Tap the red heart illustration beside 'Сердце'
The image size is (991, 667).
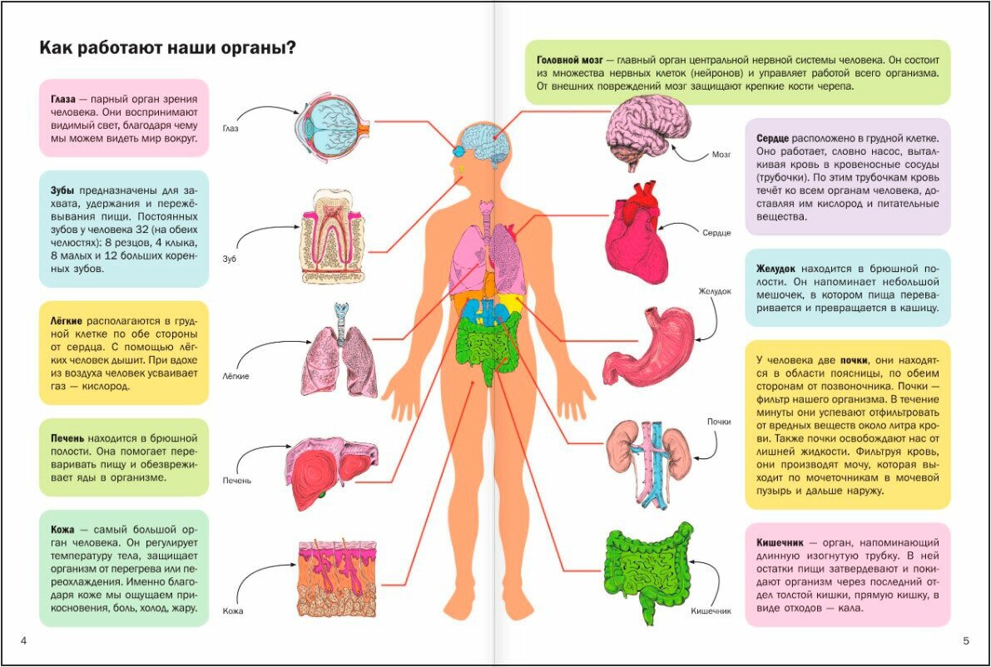(637, 234)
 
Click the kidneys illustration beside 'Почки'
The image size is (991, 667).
(648, 462)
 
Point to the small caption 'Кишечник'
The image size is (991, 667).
(711, 611)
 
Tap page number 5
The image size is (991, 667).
(965, 640)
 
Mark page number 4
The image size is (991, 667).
(23, 640)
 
